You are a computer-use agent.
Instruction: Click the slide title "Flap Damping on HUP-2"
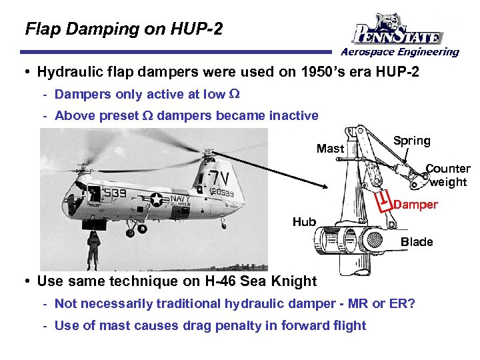pos(123,29)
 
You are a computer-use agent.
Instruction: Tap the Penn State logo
pos(398,30)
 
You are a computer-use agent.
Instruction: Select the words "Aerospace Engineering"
pos(400,52)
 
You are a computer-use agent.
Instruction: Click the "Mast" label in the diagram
pos(330,149)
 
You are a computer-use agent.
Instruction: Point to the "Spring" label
pos(411,141)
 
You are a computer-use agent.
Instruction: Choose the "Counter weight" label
pos(448,175)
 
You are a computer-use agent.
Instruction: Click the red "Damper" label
pos(415,205)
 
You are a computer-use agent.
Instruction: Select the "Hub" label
pos(304,221)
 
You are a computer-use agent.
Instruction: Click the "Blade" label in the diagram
pos(417,241)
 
